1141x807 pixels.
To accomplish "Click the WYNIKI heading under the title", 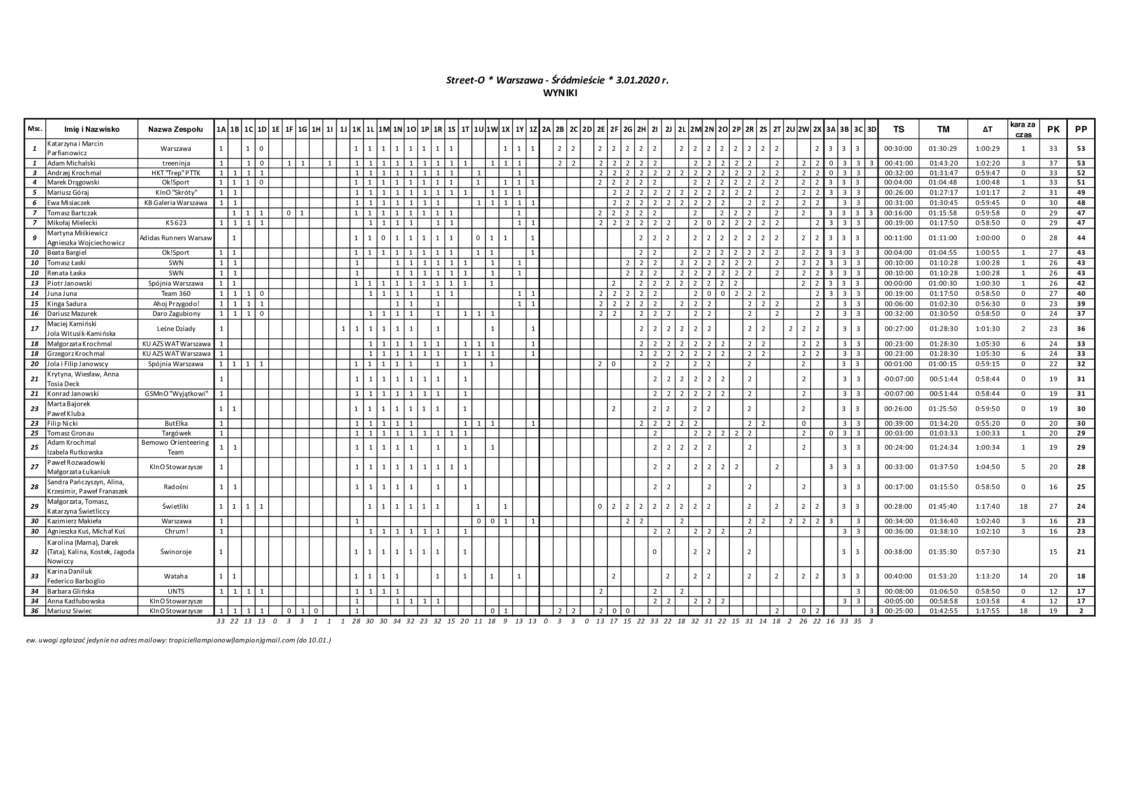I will (560, 93).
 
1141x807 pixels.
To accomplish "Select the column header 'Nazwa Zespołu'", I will (176, 129).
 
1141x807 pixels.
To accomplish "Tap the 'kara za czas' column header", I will (1023, 129).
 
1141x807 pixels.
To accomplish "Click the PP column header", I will (1081, 129).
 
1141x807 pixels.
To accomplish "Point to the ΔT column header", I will (987, 129).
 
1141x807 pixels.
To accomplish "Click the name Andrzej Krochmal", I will (74, 173).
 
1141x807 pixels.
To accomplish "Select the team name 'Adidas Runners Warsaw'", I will (176, 238).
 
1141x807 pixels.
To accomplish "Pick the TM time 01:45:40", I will (943, 507).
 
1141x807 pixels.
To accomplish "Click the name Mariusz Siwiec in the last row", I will (70, 611).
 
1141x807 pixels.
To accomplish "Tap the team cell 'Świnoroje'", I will (176, 551).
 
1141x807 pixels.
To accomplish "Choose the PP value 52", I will (1081, 173).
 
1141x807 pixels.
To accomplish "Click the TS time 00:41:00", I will (899, 163).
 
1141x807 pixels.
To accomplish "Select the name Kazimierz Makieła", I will (74, 521).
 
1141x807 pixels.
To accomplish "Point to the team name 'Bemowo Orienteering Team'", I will (176, 448).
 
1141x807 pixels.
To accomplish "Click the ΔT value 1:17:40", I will (987, 507).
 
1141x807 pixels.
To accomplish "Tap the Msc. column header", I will (35, 129).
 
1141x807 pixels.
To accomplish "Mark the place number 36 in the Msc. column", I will (35, 611).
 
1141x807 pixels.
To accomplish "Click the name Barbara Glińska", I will (71, 591).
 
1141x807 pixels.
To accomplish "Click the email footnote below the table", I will (179, 641).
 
